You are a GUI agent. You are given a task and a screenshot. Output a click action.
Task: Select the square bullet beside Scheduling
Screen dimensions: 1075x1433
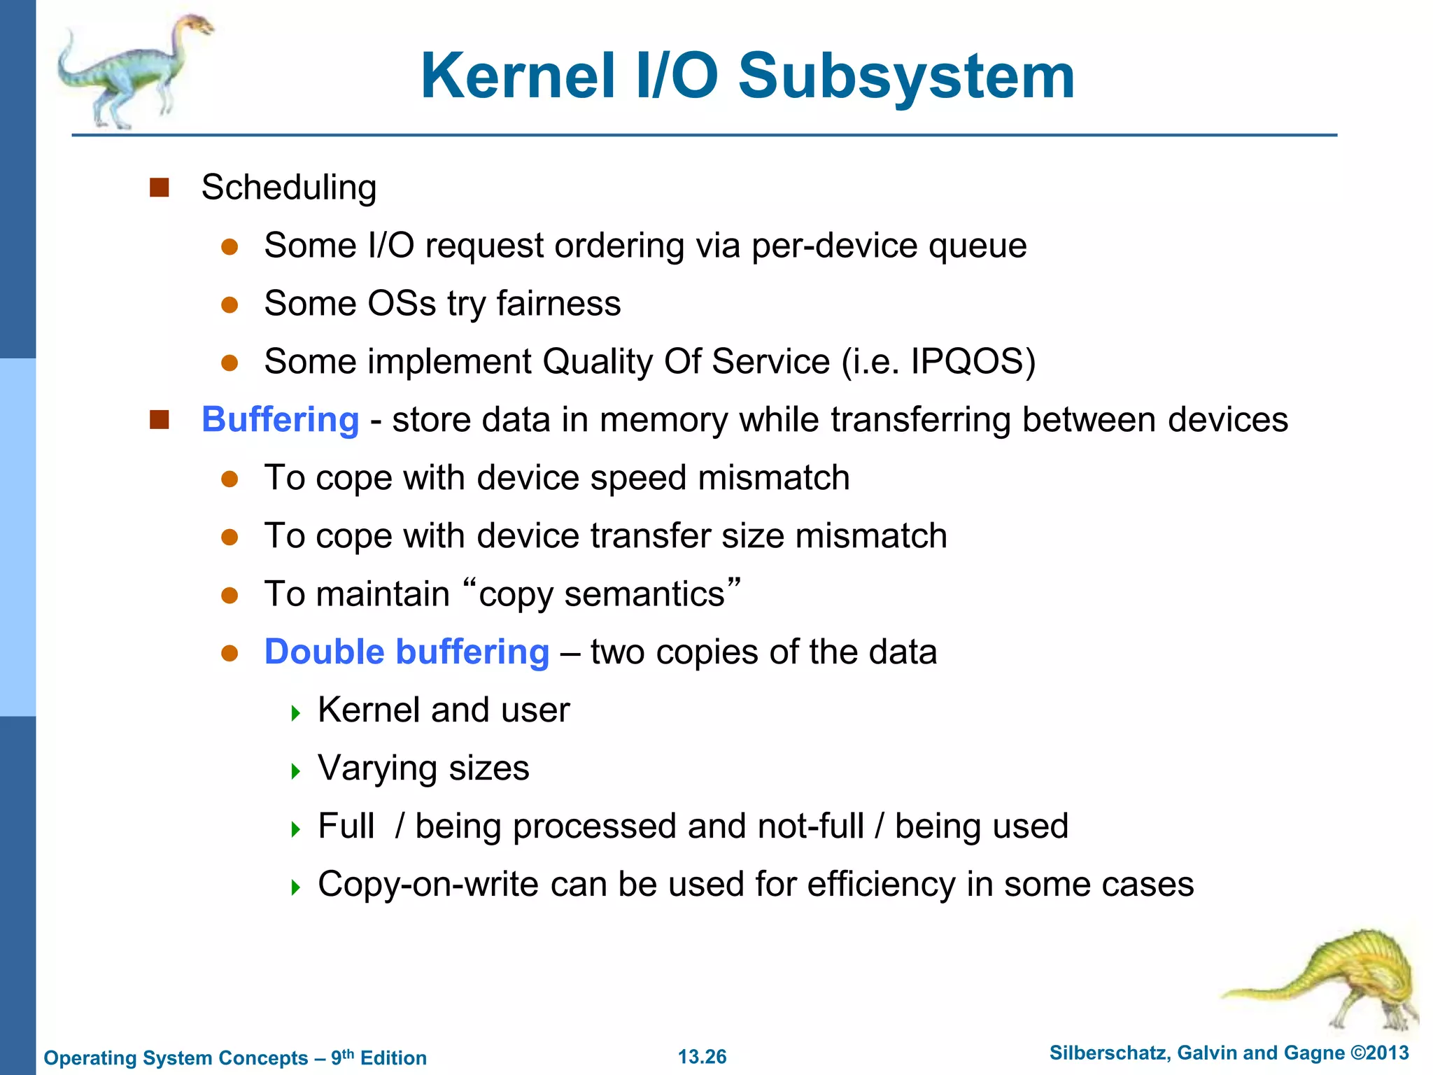160,188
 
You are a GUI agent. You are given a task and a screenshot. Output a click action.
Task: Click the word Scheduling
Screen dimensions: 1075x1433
288,188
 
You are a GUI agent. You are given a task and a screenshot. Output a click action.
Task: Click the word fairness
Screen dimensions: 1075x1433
558,304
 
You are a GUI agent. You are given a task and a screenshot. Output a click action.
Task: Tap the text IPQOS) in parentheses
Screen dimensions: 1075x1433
973,362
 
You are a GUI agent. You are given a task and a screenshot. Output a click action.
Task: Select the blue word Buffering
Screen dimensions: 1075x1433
280,420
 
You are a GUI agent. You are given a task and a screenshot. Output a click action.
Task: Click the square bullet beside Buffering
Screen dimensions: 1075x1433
160,420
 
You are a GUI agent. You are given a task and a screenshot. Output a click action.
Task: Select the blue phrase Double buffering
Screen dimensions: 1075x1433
407,652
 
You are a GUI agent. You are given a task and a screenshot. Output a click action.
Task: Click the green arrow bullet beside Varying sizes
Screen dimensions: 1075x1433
296,772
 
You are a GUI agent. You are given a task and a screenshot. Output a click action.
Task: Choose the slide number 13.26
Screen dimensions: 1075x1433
702,1057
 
